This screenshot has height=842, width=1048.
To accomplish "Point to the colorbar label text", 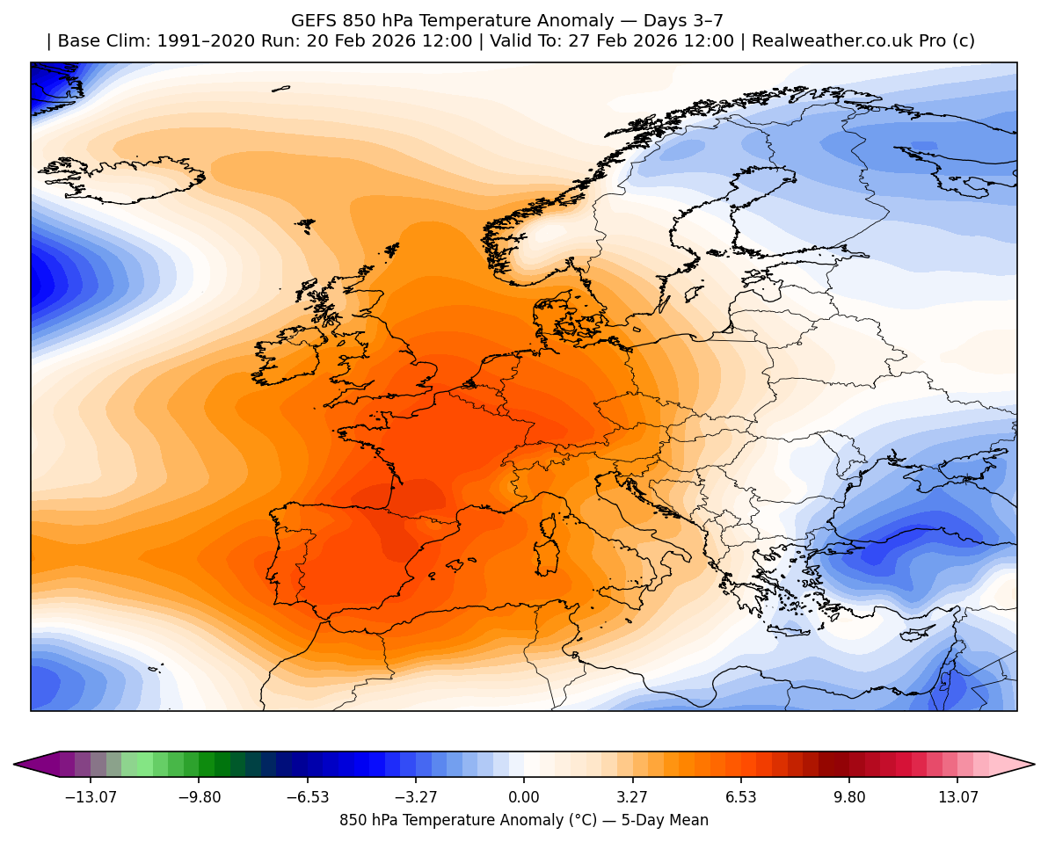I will [524, 820].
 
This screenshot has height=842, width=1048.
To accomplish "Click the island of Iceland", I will [123, 179].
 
